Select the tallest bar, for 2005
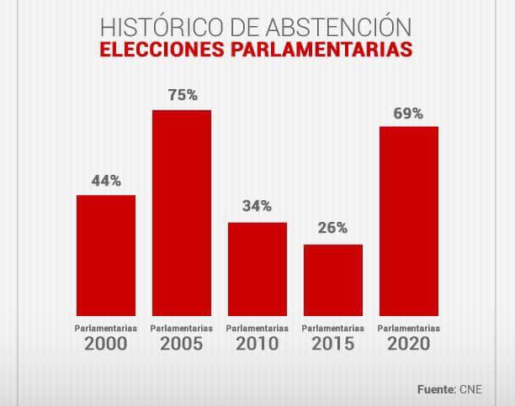pos(182,211)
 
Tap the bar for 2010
pos(257,267)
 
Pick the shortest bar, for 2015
pos(333,278)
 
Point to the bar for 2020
pos(409,219)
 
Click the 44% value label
pos(106,181)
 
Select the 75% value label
pos(183,96)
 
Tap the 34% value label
pos(257,207)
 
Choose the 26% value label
pos(333,229)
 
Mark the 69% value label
pos(410,112)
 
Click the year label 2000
pos(106,344)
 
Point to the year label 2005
pos(182,344)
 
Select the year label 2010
pos(257,344)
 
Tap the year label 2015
pos(333,344)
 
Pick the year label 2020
pos(409,344)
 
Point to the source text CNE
pos(472,390)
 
